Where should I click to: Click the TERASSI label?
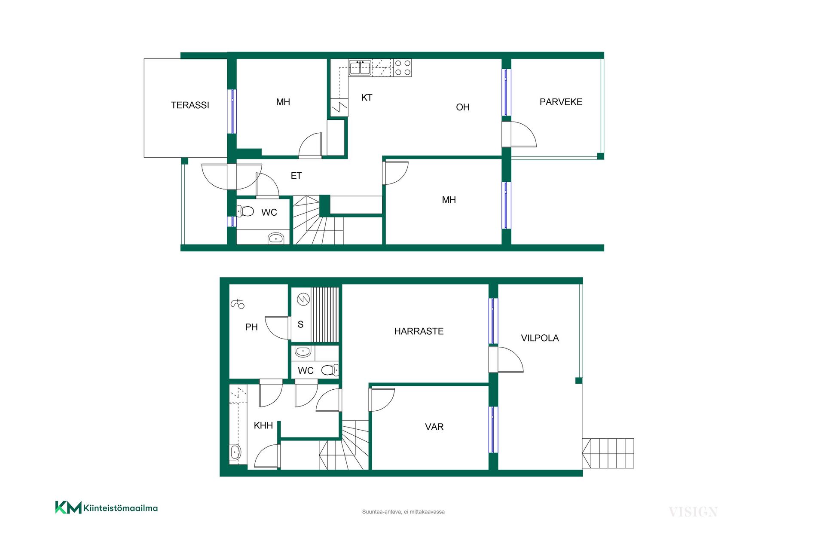pos(190,105)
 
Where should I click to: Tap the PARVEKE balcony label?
pos(561,102)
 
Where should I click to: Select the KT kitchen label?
pos(367,98)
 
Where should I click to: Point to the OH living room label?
pos(462,107)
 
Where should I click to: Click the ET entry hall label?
pos(296,175)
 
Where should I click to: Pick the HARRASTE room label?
pos(419,331)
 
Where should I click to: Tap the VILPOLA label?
pos(540,338)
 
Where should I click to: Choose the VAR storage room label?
pos(434,427)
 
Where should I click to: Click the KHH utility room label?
pos(263,425)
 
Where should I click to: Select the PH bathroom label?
pos(251,327)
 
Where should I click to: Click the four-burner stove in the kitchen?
pos(403,68)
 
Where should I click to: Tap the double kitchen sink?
pos(360,68)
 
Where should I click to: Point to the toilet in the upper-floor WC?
pos(245,211)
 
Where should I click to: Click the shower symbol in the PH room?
pos(238,304)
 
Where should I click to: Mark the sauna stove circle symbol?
pos(303,299)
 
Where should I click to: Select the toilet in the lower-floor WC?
pos(330,370)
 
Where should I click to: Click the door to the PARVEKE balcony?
pos(519,134)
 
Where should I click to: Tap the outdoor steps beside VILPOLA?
pos(608,453)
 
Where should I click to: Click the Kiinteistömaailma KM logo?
pos(106,507)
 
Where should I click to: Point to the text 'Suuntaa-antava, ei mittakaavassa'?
pos(403,512)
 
